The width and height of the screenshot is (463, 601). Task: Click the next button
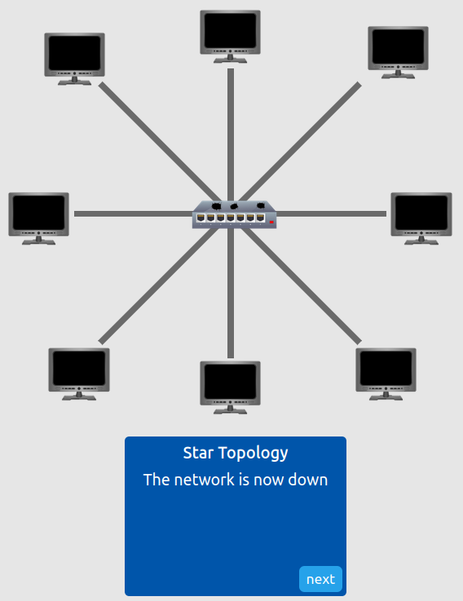[320, 579]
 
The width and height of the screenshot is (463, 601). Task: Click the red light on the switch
[271, 220]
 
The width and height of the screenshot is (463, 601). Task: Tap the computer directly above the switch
[231, 33]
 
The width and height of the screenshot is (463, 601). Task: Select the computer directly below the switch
[231, 384]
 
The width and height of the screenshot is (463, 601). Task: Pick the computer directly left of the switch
[38, 214]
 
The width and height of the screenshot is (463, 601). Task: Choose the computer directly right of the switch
[421, 215]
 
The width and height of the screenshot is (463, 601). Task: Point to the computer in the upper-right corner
[398, 50]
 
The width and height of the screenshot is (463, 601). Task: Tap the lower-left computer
[78, 371]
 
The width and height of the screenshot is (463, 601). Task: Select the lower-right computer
[386, 371]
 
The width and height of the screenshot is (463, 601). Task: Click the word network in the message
[202, 480]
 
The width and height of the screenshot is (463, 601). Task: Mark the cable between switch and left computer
[130, 214]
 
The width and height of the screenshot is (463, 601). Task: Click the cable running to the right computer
[334, 214]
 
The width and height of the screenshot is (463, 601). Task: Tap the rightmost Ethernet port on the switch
[261, 218]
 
